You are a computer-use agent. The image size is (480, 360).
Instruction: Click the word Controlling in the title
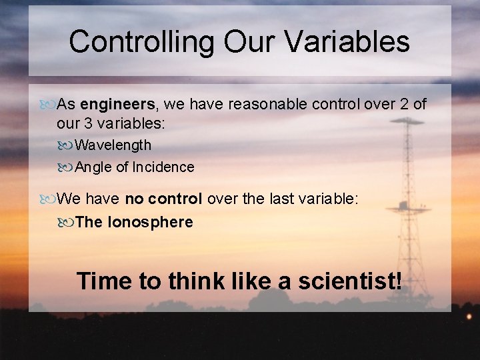point(142,41)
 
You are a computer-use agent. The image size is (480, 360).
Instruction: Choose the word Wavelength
point(113,145)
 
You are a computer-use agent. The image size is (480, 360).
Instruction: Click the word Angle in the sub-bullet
point(94,167)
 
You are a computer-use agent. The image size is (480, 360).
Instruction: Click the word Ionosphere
point(150,222)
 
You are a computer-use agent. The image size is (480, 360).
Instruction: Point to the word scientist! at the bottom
point(350,281)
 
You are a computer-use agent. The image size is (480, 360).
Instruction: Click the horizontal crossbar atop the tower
point(407,122)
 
